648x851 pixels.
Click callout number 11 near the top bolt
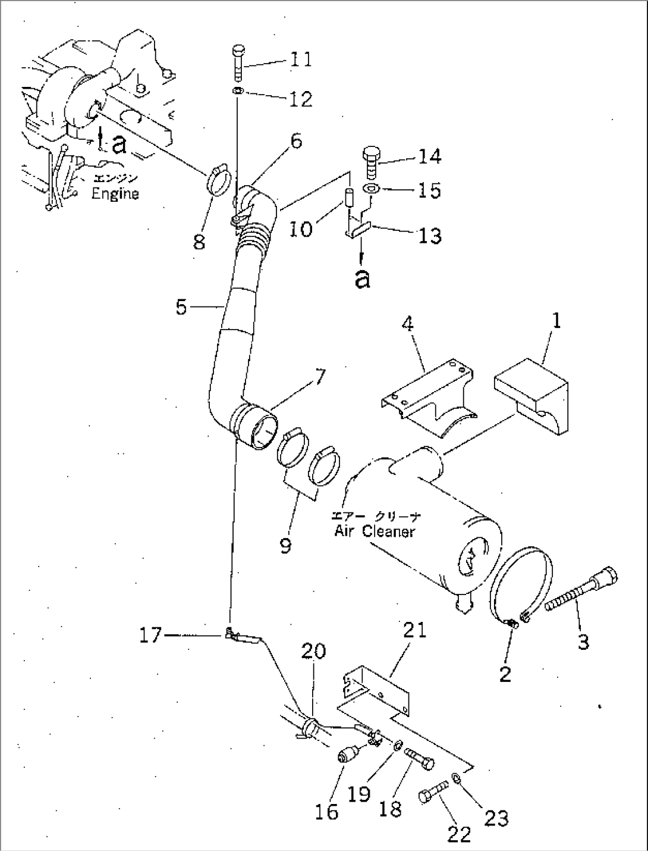point(301,60)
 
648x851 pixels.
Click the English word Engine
point(115,193)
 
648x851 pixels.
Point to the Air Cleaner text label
point(374,531)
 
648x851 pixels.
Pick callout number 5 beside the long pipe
point(182,307)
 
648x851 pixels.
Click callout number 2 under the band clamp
point(505,674)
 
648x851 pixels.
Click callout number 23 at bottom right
point(496,819)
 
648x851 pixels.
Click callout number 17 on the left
point(150,636)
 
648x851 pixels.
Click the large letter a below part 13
point(361,279)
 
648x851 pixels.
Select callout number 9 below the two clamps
point(286,546)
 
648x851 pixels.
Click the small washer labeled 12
point(237,91)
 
